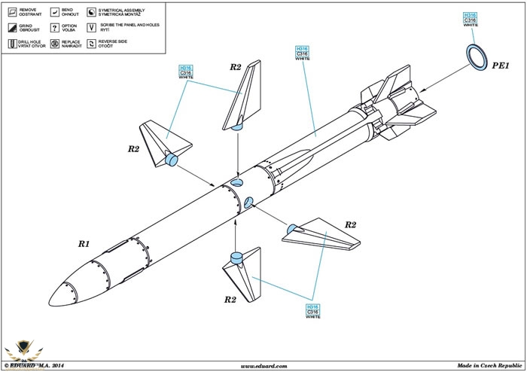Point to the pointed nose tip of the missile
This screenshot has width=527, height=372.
pos(47,298)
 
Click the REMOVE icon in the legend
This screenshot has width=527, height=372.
pos(13,13)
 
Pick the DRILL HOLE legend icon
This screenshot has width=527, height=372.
pos(13,43)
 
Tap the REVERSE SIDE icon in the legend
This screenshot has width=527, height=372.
pos(91,43)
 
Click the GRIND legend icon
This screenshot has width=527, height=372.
pos(13,28)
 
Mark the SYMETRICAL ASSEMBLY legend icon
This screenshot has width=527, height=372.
pos(91,13)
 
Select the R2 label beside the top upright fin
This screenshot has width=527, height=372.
pos(235,68)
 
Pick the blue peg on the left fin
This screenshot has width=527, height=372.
pos(170,158)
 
